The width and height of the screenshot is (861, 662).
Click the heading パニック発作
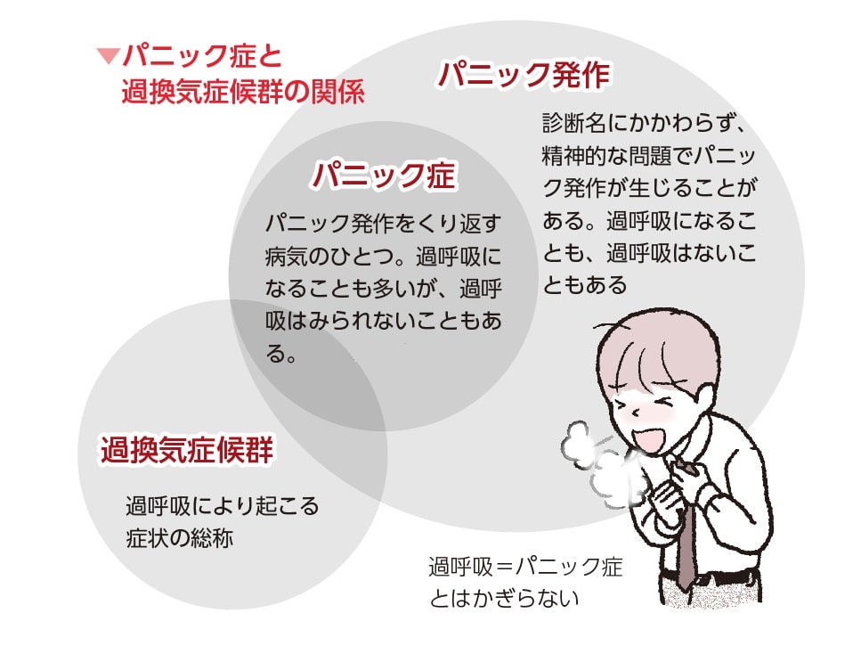tap(524, 76)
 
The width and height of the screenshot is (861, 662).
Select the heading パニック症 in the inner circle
tap(383, 176)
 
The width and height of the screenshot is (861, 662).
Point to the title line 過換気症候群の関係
tap(242, 92)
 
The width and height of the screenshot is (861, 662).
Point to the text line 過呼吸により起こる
tap(222, 506)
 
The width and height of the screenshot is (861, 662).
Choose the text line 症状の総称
tap(179, 539)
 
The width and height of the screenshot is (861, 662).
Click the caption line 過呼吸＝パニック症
tap(525, 566)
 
